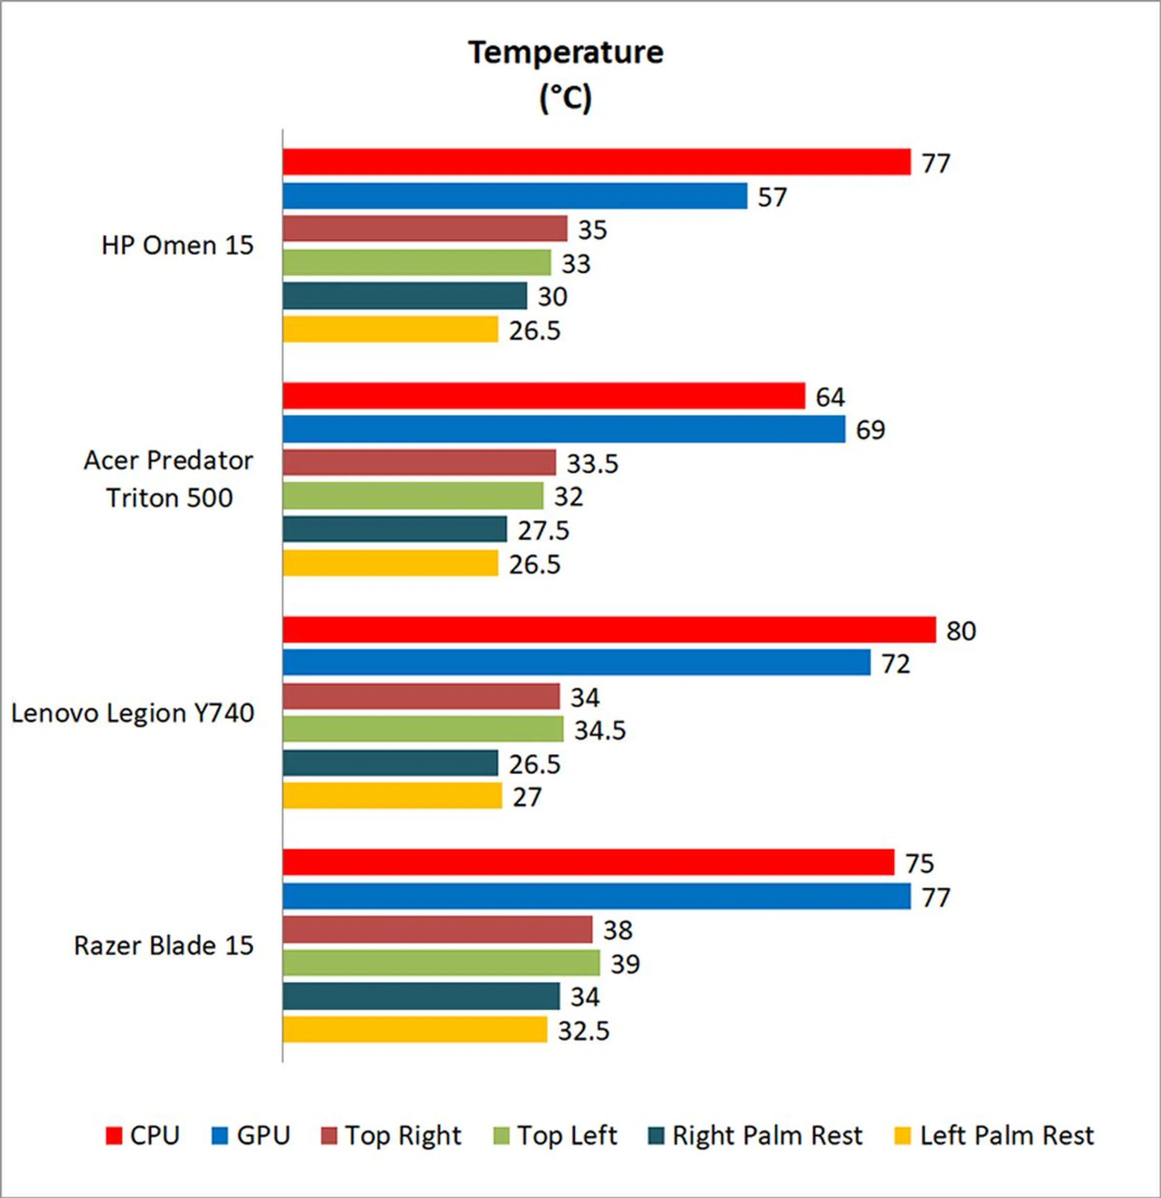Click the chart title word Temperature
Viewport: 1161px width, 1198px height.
[x=565, y=53]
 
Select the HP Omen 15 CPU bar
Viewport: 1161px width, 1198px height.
[x=596, y=162]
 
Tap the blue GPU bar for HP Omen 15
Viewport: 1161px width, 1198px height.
[x=515, y=196]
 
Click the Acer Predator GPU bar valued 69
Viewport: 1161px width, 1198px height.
[x=564, y=429]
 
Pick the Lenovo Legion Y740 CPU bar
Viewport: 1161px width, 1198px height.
[x=609, y=630]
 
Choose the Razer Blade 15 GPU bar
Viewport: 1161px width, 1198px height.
[x=596, y=896]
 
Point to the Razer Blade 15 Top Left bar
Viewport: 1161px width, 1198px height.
[x=441, y=963]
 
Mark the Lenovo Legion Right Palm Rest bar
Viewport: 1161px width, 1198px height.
[x=390, y=763]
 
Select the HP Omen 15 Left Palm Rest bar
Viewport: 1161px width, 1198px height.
[x=390, y=329]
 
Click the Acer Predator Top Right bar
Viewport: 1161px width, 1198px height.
[x=420, y=462]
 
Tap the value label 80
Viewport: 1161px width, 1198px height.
[x=961, y=631]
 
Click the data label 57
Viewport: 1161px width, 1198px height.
[x=772, y=198]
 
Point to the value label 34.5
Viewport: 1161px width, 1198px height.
[x=600, y=731]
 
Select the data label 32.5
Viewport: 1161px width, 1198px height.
[x=584, y=1031]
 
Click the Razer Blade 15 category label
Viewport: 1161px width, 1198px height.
[x=163, y=945]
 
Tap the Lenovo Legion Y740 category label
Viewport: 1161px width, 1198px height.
[x=132, y=713]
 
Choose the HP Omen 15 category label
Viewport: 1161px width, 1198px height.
[x=177, y=246]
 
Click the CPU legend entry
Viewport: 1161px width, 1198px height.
[x=143, y=1136]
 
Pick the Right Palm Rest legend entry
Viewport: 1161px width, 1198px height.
[x=756, y=1136]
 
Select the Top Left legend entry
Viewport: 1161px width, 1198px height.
[x=555, y=1136]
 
